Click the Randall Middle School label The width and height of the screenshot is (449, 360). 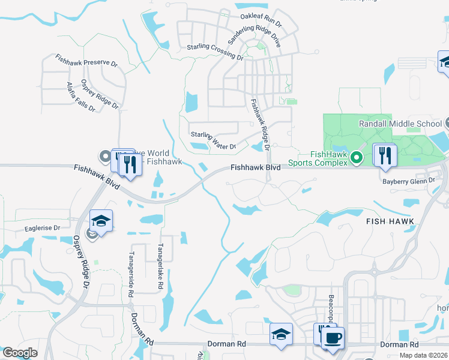(400, 124)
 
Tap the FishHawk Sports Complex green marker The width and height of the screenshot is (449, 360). (356, 158)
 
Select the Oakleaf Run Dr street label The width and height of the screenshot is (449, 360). (261, 20)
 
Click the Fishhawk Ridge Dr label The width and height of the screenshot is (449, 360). (259, 122)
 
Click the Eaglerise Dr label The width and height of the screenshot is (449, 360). (43, 228)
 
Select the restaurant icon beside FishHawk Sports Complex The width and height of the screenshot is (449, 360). (385, 155)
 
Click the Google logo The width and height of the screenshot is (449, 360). (20, 353)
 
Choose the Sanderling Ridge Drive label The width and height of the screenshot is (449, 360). (255, 37)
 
